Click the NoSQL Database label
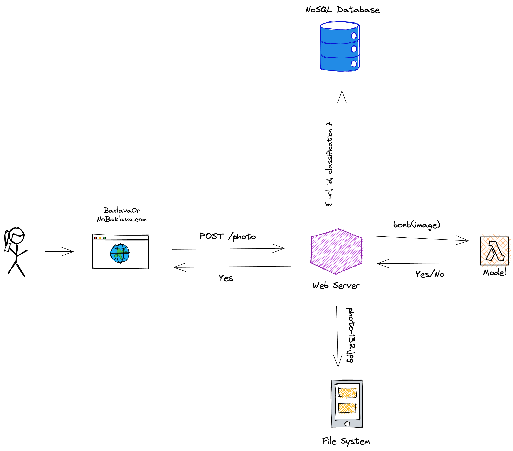342,10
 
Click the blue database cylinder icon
340,47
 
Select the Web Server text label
336,286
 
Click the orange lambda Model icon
494,251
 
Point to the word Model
494,272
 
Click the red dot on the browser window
95,238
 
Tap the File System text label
346,441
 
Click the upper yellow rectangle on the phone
347,393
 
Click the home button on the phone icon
347,424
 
